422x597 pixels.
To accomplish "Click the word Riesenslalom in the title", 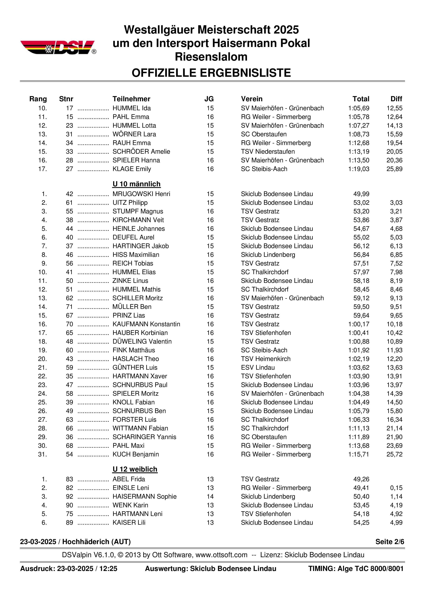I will pos(211,57).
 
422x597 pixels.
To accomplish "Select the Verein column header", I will pos(252,99).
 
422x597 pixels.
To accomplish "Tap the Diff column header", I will pos(396,99).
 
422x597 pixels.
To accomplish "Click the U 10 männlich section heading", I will pos(136,184).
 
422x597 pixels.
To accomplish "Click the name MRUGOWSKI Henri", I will pos(141,194).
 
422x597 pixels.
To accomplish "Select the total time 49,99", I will pos(361,194).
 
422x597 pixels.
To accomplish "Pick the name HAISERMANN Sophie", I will pos(144,496).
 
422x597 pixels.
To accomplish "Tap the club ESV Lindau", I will pos(258,367).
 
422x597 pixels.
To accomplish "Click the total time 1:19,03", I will pos(359,169).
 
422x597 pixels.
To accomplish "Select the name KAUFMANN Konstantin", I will pos(146,324).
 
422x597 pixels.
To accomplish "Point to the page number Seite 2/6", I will pos(390,542).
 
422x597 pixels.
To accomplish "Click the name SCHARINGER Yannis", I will pos(144,437).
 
